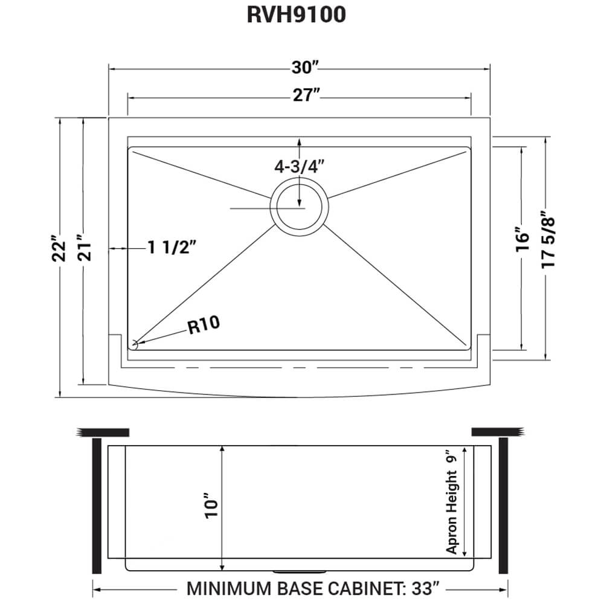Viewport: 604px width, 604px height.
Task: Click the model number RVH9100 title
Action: (x=296, y=16)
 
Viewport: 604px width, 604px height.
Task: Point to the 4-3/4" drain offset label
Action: (x=299, y=167)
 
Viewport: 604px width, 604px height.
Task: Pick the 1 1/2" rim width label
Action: (x=172, y=248)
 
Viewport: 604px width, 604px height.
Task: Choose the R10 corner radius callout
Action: (x=204, y=326)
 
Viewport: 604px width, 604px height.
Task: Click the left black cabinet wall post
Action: (x=95, y=506)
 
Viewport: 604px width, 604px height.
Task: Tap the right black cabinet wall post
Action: (x=503, y=506)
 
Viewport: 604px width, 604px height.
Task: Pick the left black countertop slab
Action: (x=103, y=432)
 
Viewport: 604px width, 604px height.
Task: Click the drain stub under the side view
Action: (x=300, y=570)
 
